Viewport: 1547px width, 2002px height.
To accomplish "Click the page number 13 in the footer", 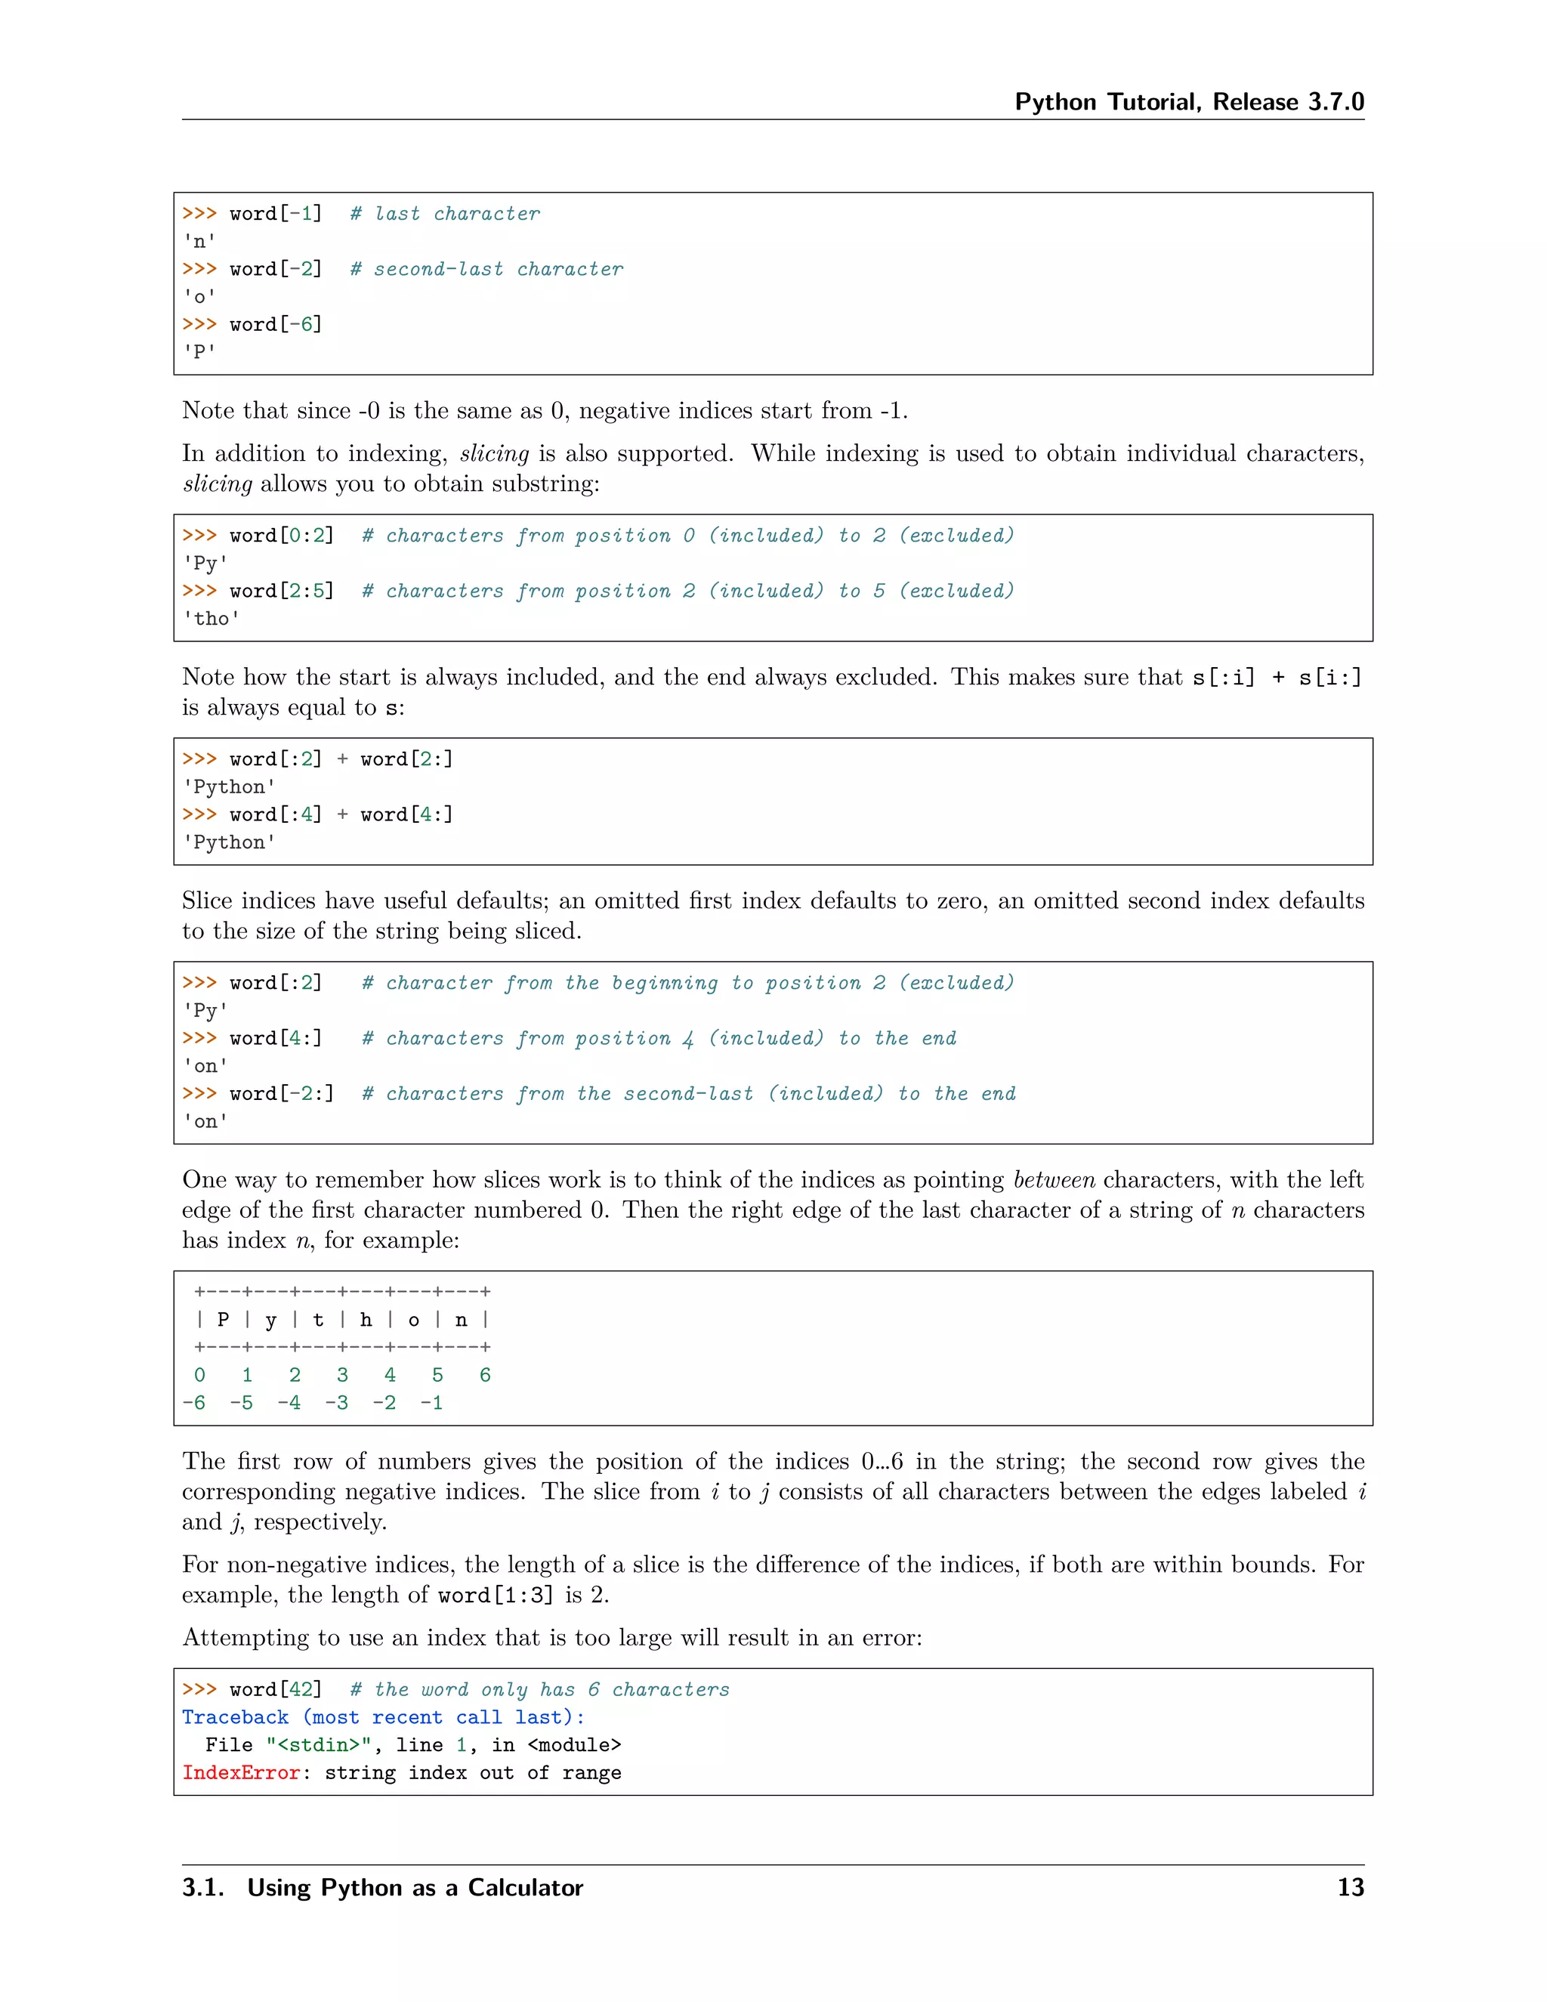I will (1350, 1887).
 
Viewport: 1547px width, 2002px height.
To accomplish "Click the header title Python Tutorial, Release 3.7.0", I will (1189, 102).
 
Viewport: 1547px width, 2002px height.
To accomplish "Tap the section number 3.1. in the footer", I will (202, 1887).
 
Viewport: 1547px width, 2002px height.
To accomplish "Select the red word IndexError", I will (241, 1773).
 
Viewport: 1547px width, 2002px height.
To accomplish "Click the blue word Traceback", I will (235, 1717).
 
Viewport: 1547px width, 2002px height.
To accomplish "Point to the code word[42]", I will (276, 1689).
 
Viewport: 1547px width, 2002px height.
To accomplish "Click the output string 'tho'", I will (212, 619).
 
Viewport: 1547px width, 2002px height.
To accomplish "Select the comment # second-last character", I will (486, 269).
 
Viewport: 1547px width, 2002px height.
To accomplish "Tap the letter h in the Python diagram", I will (366, 1320).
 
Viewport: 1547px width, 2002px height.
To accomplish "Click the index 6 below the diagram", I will (485, 1375).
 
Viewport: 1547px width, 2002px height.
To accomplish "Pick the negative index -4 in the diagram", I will (289, 1402).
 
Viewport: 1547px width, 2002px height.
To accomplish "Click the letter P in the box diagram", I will (223, 1320).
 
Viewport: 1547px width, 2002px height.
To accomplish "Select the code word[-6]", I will (276, 325).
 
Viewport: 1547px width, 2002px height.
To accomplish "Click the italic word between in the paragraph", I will (1053, 1180).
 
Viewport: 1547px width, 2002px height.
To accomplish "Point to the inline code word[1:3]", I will (496, 1596).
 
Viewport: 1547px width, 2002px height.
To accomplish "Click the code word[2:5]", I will (281, 592).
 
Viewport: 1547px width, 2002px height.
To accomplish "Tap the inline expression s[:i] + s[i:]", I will (1277, 678).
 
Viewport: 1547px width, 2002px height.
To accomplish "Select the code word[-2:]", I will (281, 1094).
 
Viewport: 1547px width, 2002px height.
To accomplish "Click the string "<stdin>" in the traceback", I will (318, 1745).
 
